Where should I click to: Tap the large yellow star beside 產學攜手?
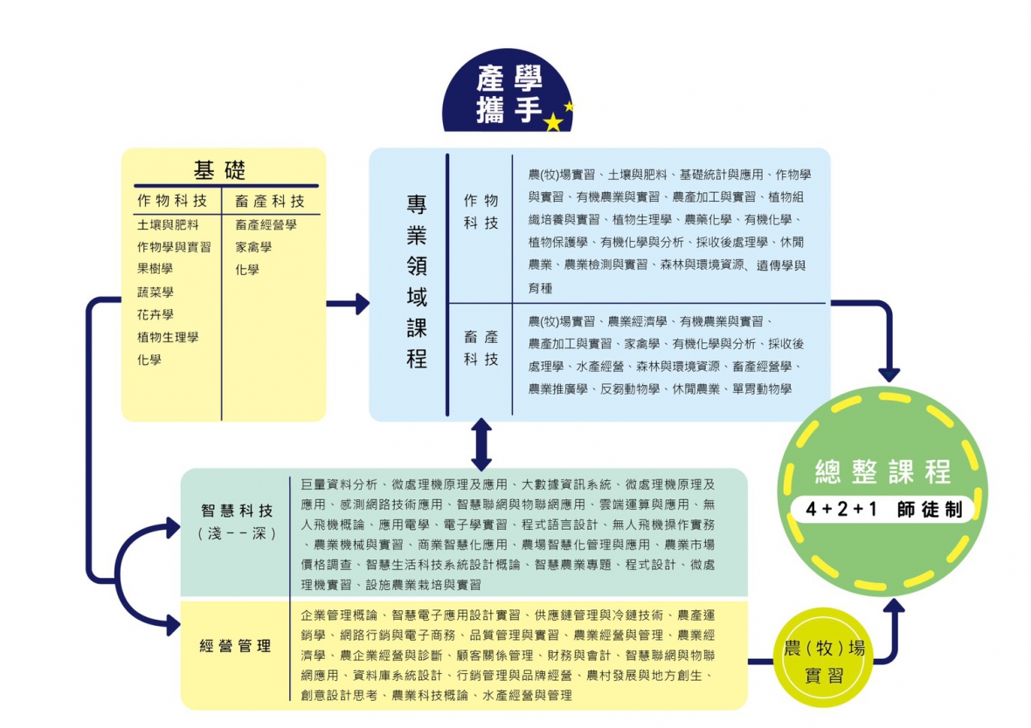pyautogui.click(x=552, y=122)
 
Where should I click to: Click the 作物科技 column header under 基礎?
pyautogui.click(x=172, y=201)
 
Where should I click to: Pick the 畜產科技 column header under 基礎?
pyautogui.click(x=269, y=201)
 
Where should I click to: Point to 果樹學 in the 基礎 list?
pyautogui.click(x=155, y=269)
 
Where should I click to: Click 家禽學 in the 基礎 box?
pyautogui.click(x=253, y=247)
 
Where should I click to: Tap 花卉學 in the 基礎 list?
pyautogui.click(x=155, y=314)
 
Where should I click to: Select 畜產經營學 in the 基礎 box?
pyautogui.click(x=266, y=224)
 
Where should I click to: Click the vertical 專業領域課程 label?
pyautogui.click(x=417, y=281)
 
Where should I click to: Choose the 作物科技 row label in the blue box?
pyautogui.click(x=481, y=212)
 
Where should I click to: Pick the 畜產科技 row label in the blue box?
pyautogui.click(x=481, y=347)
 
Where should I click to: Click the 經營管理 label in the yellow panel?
pyautogui.click(x=235, y=647)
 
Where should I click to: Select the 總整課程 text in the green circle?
pyautogui.click(x=882, y=471)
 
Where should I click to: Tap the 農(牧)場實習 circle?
pyautogui.click(x=824, y=661)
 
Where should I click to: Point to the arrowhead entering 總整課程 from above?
pyautogui.click(x=889, y=374)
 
